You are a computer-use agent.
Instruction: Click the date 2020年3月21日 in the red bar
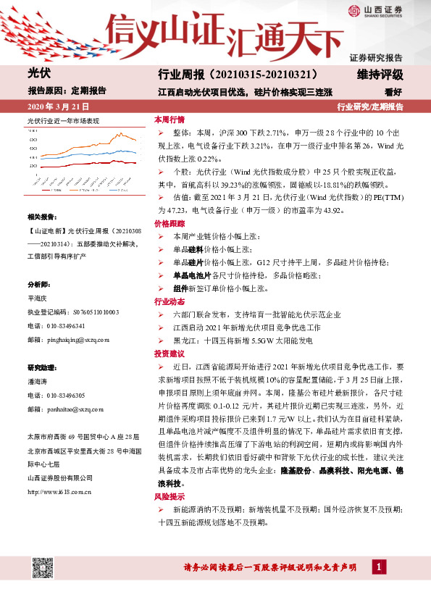[57, 106]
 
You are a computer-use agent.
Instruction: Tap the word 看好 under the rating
[393, 92]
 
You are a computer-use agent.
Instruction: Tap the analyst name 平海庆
[37, 298]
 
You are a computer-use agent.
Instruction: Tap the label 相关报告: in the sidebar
[41, 217]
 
